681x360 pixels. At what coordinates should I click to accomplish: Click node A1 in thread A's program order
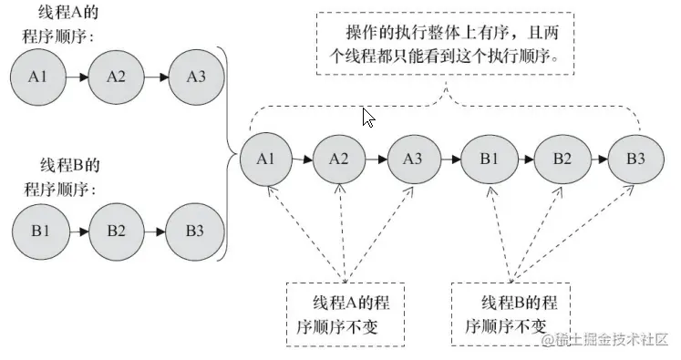37,76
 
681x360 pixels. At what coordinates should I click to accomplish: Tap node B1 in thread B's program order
37,229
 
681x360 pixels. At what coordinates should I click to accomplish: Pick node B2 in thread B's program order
116,229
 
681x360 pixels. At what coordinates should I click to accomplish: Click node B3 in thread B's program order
193,229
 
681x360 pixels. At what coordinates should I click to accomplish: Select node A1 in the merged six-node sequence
265,159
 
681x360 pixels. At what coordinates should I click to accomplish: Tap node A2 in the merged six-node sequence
338,159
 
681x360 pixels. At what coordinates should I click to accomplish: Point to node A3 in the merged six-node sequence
412,159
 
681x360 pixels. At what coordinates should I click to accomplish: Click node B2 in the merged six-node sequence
561,159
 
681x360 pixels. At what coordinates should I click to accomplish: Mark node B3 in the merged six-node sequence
635,159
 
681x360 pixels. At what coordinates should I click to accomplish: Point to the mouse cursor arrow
367,118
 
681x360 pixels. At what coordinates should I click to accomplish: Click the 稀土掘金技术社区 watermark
607,340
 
